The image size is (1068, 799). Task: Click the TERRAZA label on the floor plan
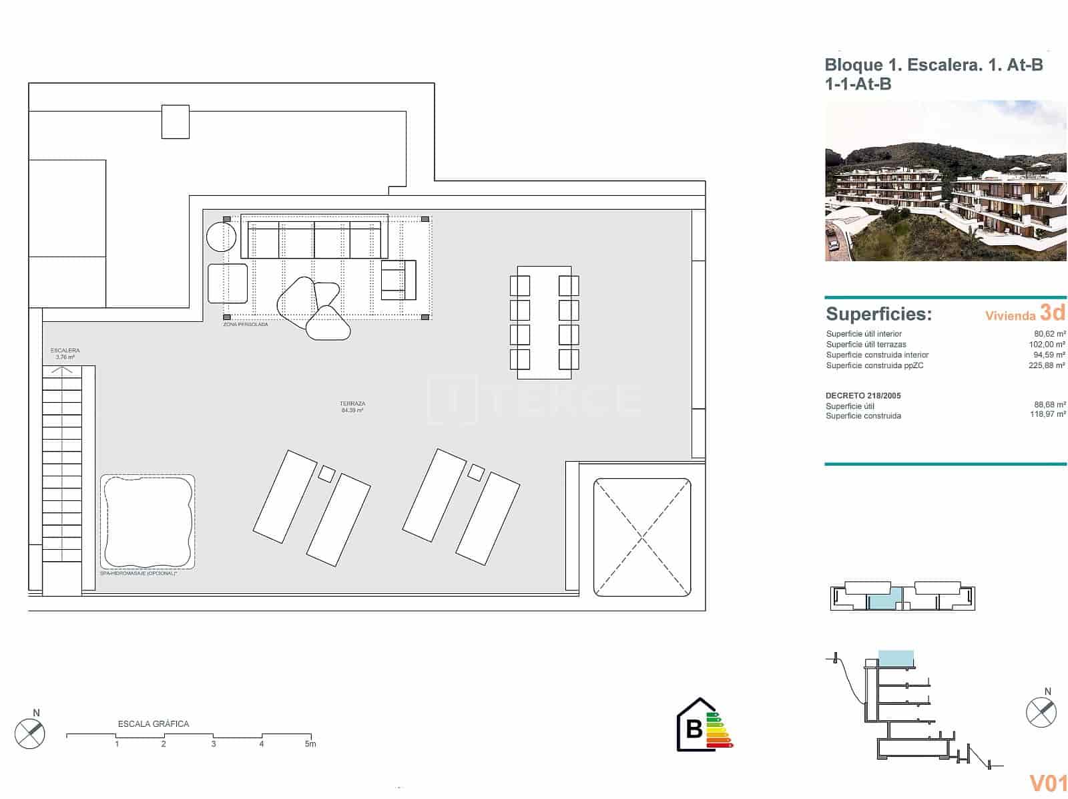pos(352,404)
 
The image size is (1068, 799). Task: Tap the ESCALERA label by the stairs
pos(65,351)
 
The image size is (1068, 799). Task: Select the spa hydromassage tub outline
pos(147,521)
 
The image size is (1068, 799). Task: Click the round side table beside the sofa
pos(220,236)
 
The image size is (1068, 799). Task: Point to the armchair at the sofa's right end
pos(398,280)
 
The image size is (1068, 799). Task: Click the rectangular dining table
pos(544,317)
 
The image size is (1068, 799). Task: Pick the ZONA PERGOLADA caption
pos(246,325)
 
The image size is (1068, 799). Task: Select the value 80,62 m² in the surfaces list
pos(1049,334)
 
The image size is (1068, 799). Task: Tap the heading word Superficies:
pos(878,314)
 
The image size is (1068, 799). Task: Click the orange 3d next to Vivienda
pos(1052,313)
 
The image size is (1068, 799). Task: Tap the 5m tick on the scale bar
pos(310,744)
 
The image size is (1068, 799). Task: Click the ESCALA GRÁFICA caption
pos(154,724)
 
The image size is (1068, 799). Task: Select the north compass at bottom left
pos(30,734)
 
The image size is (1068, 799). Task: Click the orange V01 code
pos(1048,783)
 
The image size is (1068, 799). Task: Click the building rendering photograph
pos(945,180)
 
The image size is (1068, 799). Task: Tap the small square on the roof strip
pos(175,122)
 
